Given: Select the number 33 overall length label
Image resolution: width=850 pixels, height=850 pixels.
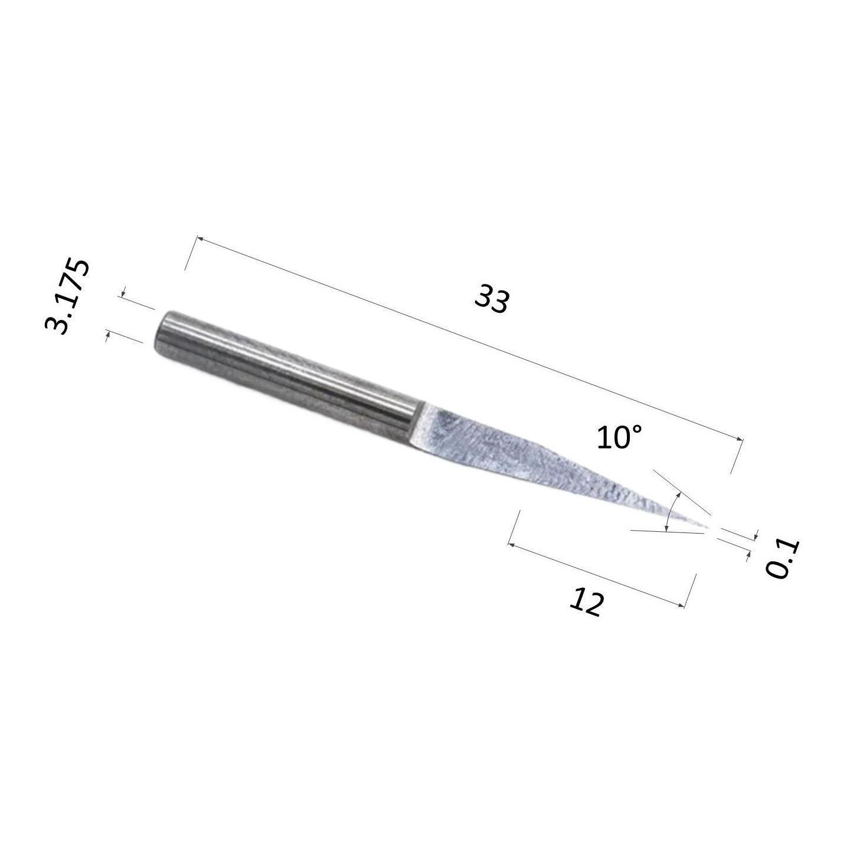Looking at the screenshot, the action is coord(492,299).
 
